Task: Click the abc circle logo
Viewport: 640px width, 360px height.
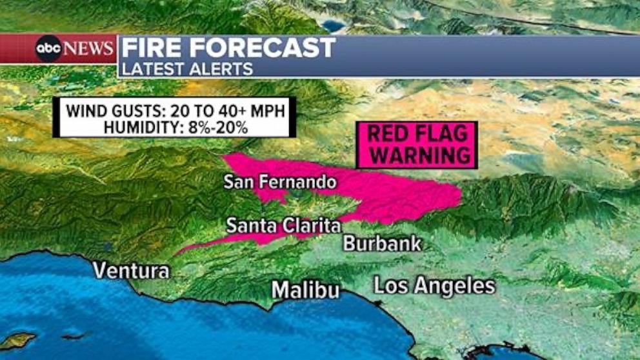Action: [x=48, y=49]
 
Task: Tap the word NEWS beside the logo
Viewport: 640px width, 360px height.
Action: [x=89, y=49]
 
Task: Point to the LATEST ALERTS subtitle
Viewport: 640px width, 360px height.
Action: [x=188, y=68]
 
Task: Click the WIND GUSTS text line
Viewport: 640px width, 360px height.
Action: [x=174, y=110]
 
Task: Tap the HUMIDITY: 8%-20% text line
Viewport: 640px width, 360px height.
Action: [x=175, y=127]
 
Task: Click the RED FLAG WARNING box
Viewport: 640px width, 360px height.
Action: [x=417, y=145]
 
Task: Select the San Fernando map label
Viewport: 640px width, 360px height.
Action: [x=280, y=182]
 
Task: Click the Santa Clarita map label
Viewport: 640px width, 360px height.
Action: [x=283, y=226]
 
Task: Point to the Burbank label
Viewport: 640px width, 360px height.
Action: [x=382, y=243]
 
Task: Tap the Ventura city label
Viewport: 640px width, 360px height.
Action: [x=131, y=270]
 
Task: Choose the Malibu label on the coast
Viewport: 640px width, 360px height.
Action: [x=305, y=290]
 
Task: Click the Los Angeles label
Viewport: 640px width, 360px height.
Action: [x=434, y=285]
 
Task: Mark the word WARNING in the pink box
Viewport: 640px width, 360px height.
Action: [x=417, y=155]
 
